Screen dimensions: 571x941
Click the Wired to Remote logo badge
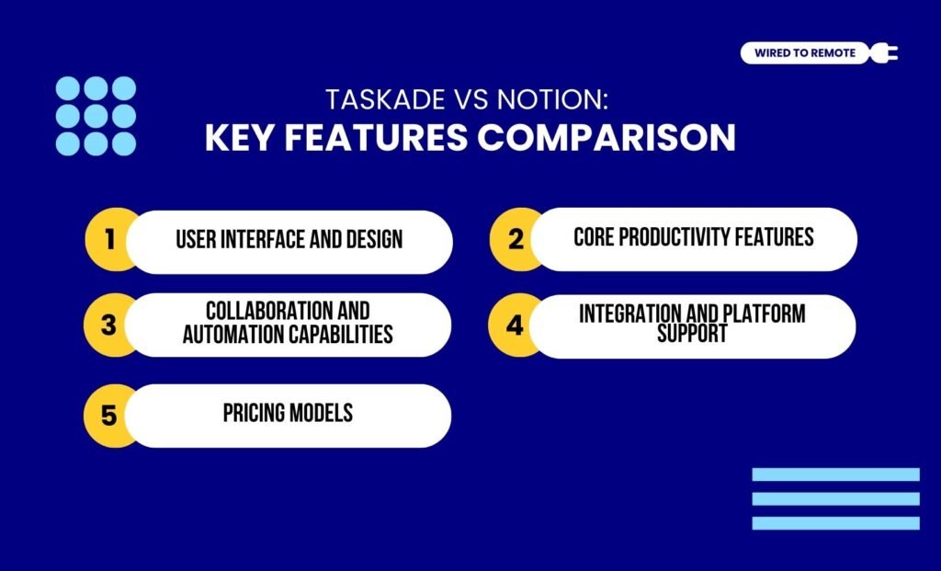click(804, 53)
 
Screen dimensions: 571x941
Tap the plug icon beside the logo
click(887, 53)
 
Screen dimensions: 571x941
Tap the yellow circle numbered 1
click(109, 241)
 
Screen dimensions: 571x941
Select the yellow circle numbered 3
click(108, 325)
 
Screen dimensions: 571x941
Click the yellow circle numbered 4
click(515, 325)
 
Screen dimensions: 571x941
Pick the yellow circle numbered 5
click(109, 416)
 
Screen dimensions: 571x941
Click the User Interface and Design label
click(289, 241)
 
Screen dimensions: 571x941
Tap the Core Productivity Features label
click(693, 237)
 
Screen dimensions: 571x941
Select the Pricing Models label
click(288, 413)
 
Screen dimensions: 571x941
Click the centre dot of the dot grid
click(96, 116)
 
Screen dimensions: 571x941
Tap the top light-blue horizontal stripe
click(835, 474)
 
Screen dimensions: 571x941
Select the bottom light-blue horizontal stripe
click(835, 522)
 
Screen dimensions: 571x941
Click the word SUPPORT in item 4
click(692, 334)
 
